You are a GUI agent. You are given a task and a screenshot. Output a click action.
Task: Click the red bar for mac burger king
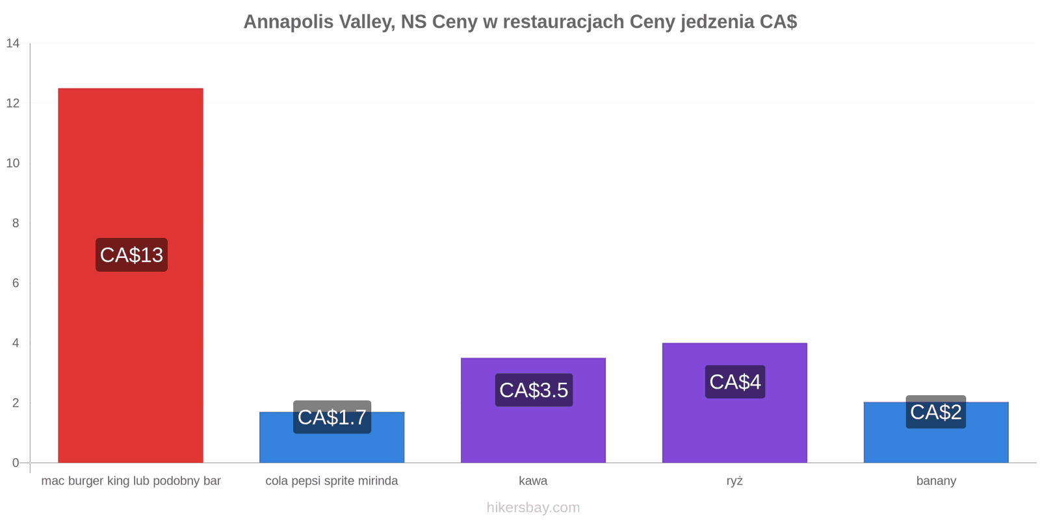[x=131, y=276]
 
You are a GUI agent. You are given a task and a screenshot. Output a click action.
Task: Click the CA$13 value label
[x=132, y=255]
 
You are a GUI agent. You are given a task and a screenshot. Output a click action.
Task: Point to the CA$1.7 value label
[x=332, y=417]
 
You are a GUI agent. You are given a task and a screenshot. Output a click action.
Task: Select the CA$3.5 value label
[x=534, y=390]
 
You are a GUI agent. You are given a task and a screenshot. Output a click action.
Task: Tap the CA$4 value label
[x=735, y=382]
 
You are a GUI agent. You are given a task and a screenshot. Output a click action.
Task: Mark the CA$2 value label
[x=936, y=412]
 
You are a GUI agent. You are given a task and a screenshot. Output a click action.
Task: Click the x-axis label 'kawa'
[x=533, y=480]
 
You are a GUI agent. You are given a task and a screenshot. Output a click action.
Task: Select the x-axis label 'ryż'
[x=734, y=481]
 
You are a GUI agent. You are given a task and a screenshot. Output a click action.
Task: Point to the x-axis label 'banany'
[x=936, y=481]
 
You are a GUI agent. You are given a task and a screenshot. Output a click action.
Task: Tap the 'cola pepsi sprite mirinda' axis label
[x=331, y=481]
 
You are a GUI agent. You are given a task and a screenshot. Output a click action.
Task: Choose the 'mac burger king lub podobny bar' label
[x=131, y=481]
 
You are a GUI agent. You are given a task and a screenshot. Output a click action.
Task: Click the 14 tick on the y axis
[x=13, y=43]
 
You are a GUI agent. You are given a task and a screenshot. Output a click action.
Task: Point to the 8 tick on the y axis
[x=16, y=224]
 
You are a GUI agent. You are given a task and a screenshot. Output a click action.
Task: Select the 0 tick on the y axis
[x=16, y=463]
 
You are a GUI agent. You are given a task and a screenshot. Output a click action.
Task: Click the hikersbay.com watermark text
[x=533, y=508]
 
